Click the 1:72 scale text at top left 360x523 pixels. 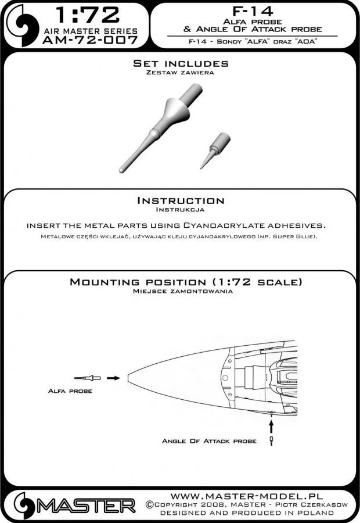point(87,16)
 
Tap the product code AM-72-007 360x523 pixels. point(90,40)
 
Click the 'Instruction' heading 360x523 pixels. point(180,201)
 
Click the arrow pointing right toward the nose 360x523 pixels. point(114,378)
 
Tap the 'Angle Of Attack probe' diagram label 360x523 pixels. point(209,442)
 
